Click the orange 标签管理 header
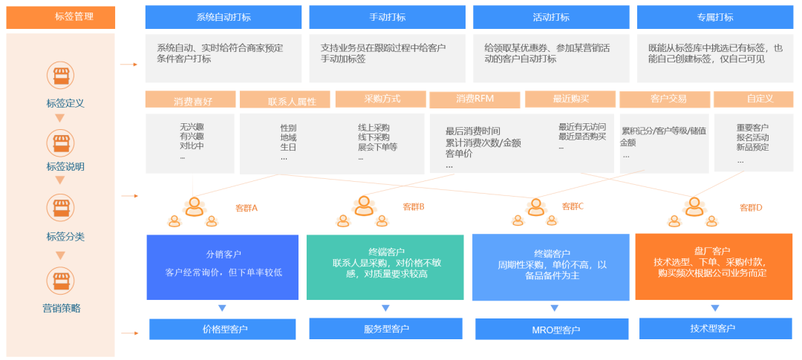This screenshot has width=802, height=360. (61, 17)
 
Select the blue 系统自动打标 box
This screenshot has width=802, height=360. (223, 17)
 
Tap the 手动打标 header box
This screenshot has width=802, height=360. (387, 17)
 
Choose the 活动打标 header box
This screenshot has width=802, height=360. (550, 17)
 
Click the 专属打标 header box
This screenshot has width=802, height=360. (714, 17)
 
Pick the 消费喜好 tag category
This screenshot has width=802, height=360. (190, 99)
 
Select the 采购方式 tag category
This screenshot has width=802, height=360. (382, 99)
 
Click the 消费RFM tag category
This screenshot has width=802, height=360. (475, 99)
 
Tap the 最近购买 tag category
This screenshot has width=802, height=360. (570, 99)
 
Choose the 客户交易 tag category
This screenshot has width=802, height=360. (665, 99)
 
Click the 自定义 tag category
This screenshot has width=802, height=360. (753, 99)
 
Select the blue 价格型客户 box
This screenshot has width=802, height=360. (223, 329)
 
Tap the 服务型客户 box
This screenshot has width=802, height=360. (386, 328)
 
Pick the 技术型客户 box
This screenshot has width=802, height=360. (713, 328)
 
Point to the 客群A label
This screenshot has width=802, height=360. (246, 208)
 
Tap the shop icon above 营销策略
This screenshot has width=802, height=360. (60, 281)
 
